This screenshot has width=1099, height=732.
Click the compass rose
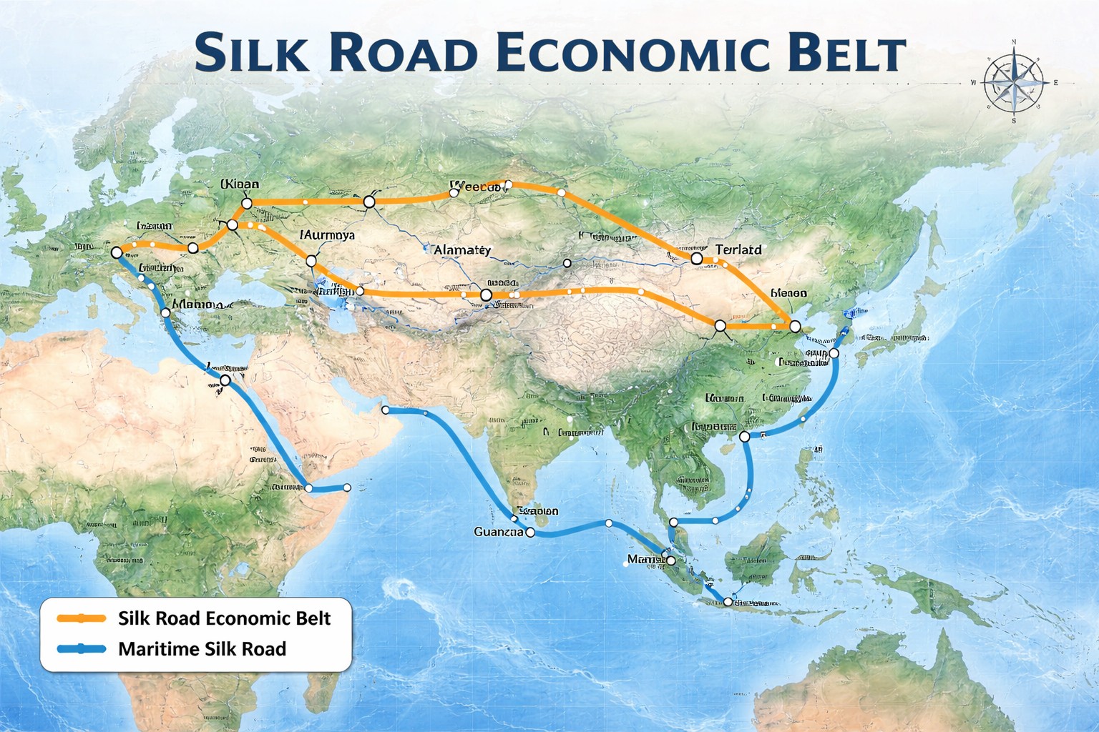click(1013, 83)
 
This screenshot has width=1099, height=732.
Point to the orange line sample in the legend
click(82, 618)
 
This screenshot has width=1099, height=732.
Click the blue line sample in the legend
click(82, 649)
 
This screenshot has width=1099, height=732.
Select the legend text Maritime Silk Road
click(202, 649)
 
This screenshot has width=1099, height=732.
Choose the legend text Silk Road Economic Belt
click(224, 618)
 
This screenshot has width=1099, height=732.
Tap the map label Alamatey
click(462, 250)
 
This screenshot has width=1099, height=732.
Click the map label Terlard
click(738, 249)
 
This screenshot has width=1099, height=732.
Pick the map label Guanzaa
click(498, 532)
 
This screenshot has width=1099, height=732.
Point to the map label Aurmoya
click(327, 234)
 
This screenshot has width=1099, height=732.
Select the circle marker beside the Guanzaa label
click(530, 533)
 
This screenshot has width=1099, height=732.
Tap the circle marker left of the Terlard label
click(696, 258)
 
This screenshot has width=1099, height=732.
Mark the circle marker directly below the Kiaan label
click(247, 204)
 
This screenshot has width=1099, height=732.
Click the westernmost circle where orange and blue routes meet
click(117, 252)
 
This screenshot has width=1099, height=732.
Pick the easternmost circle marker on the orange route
click(794, 327)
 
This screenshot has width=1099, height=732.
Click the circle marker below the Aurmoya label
click(311, 262)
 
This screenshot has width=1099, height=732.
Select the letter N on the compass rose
click(1014, 44)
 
